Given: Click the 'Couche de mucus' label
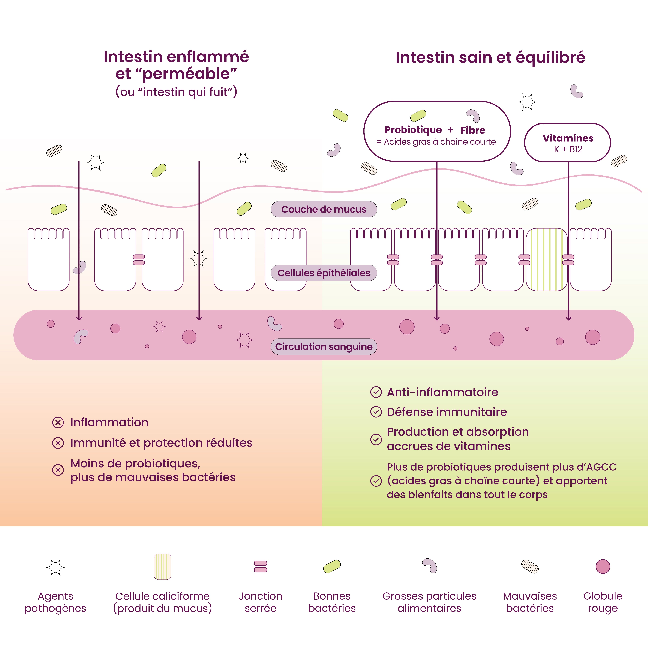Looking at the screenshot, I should [324, 209].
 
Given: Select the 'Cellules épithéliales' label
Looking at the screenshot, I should [324, 273].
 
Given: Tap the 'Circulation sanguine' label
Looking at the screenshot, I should [324, 346].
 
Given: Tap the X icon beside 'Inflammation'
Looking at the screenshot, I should [58, 422].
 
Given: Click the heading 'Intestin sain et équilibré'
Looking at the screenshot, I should [490, 57].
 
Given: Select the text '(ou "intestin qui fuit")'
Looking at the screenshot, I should [176, 91].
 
